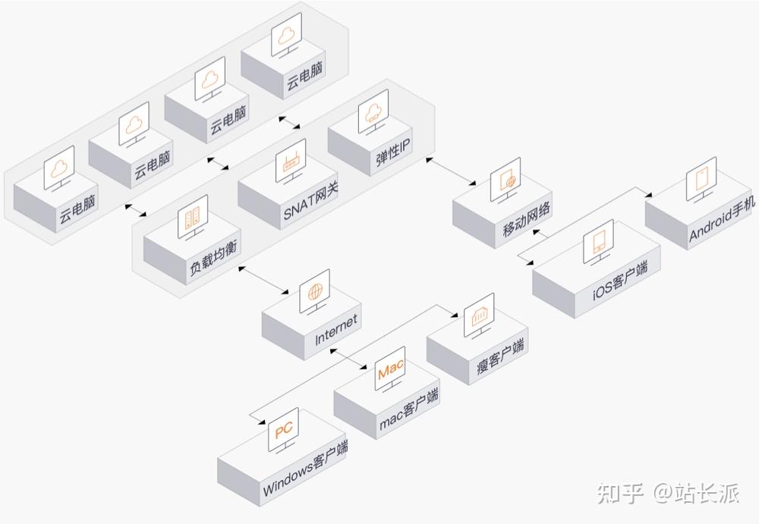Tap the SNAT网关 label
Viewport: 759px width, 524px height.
pyautogui.click(x=310, y=201)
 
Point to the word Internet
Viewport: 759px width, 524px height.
pyautogui.click(x=336, y=330)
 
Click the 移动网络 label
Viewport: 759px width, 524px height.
pyautogui.click(x=526, y=218)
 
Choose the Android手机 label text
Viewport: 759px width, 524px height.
pyautogui.click(x=723, y=219)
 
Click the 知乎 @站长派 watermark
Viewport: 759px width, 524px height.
pyautogui.click(x=668, y=494)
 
